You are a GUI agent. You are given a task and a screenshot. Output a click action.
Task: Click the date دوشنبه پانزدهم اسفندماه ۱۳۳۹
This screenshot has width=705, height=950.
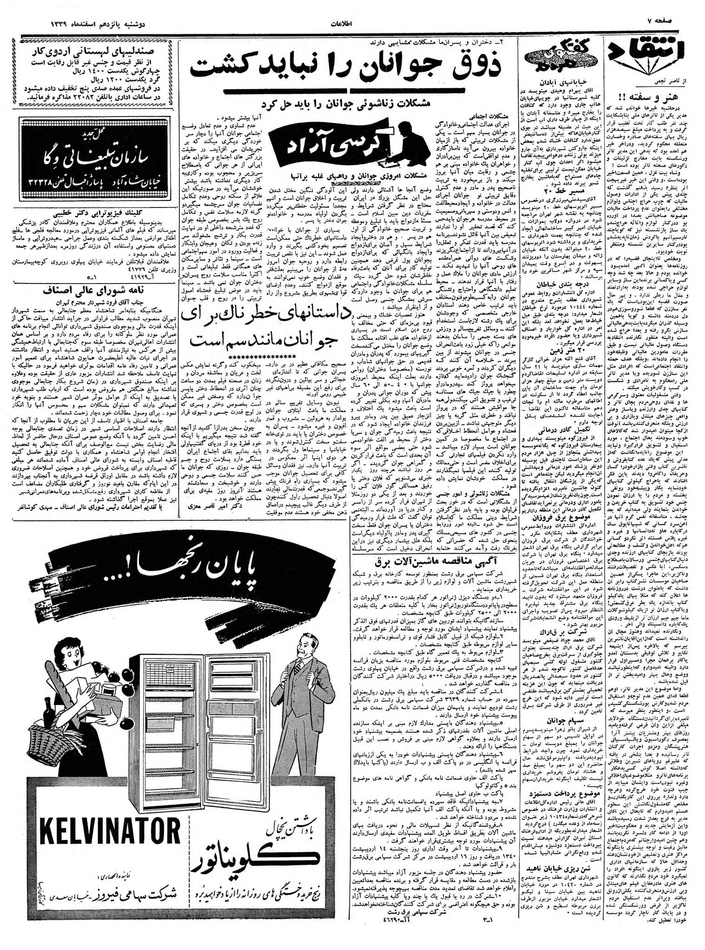coord(90,22)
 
